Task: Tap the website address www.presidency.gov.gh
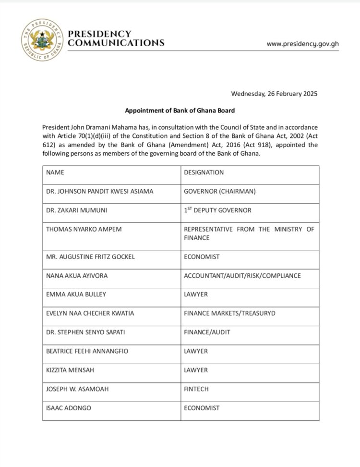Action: [x=302, y=43]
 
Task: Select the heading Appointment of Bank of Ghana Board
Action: [x=180, y=111]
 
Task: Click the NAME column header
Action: [x=55, y=172]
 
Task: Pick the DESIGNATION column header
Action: [x=204, y=172]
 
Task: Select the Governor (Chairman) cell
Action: [x=219, y=191]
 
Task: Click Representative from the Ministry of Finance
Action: [x=249, y=233]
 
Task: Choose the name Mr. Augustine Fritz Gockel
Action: [x=90, y=257]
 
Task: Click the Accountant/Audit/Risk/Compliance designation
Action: [x=242, y=276]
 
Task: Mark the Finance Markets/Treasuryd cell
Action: [x=229, y=313]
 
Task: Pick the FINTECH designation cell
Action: [x=196, y=389]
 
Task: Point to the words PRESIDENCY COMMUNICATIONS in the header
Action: [x=116, y=38]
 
